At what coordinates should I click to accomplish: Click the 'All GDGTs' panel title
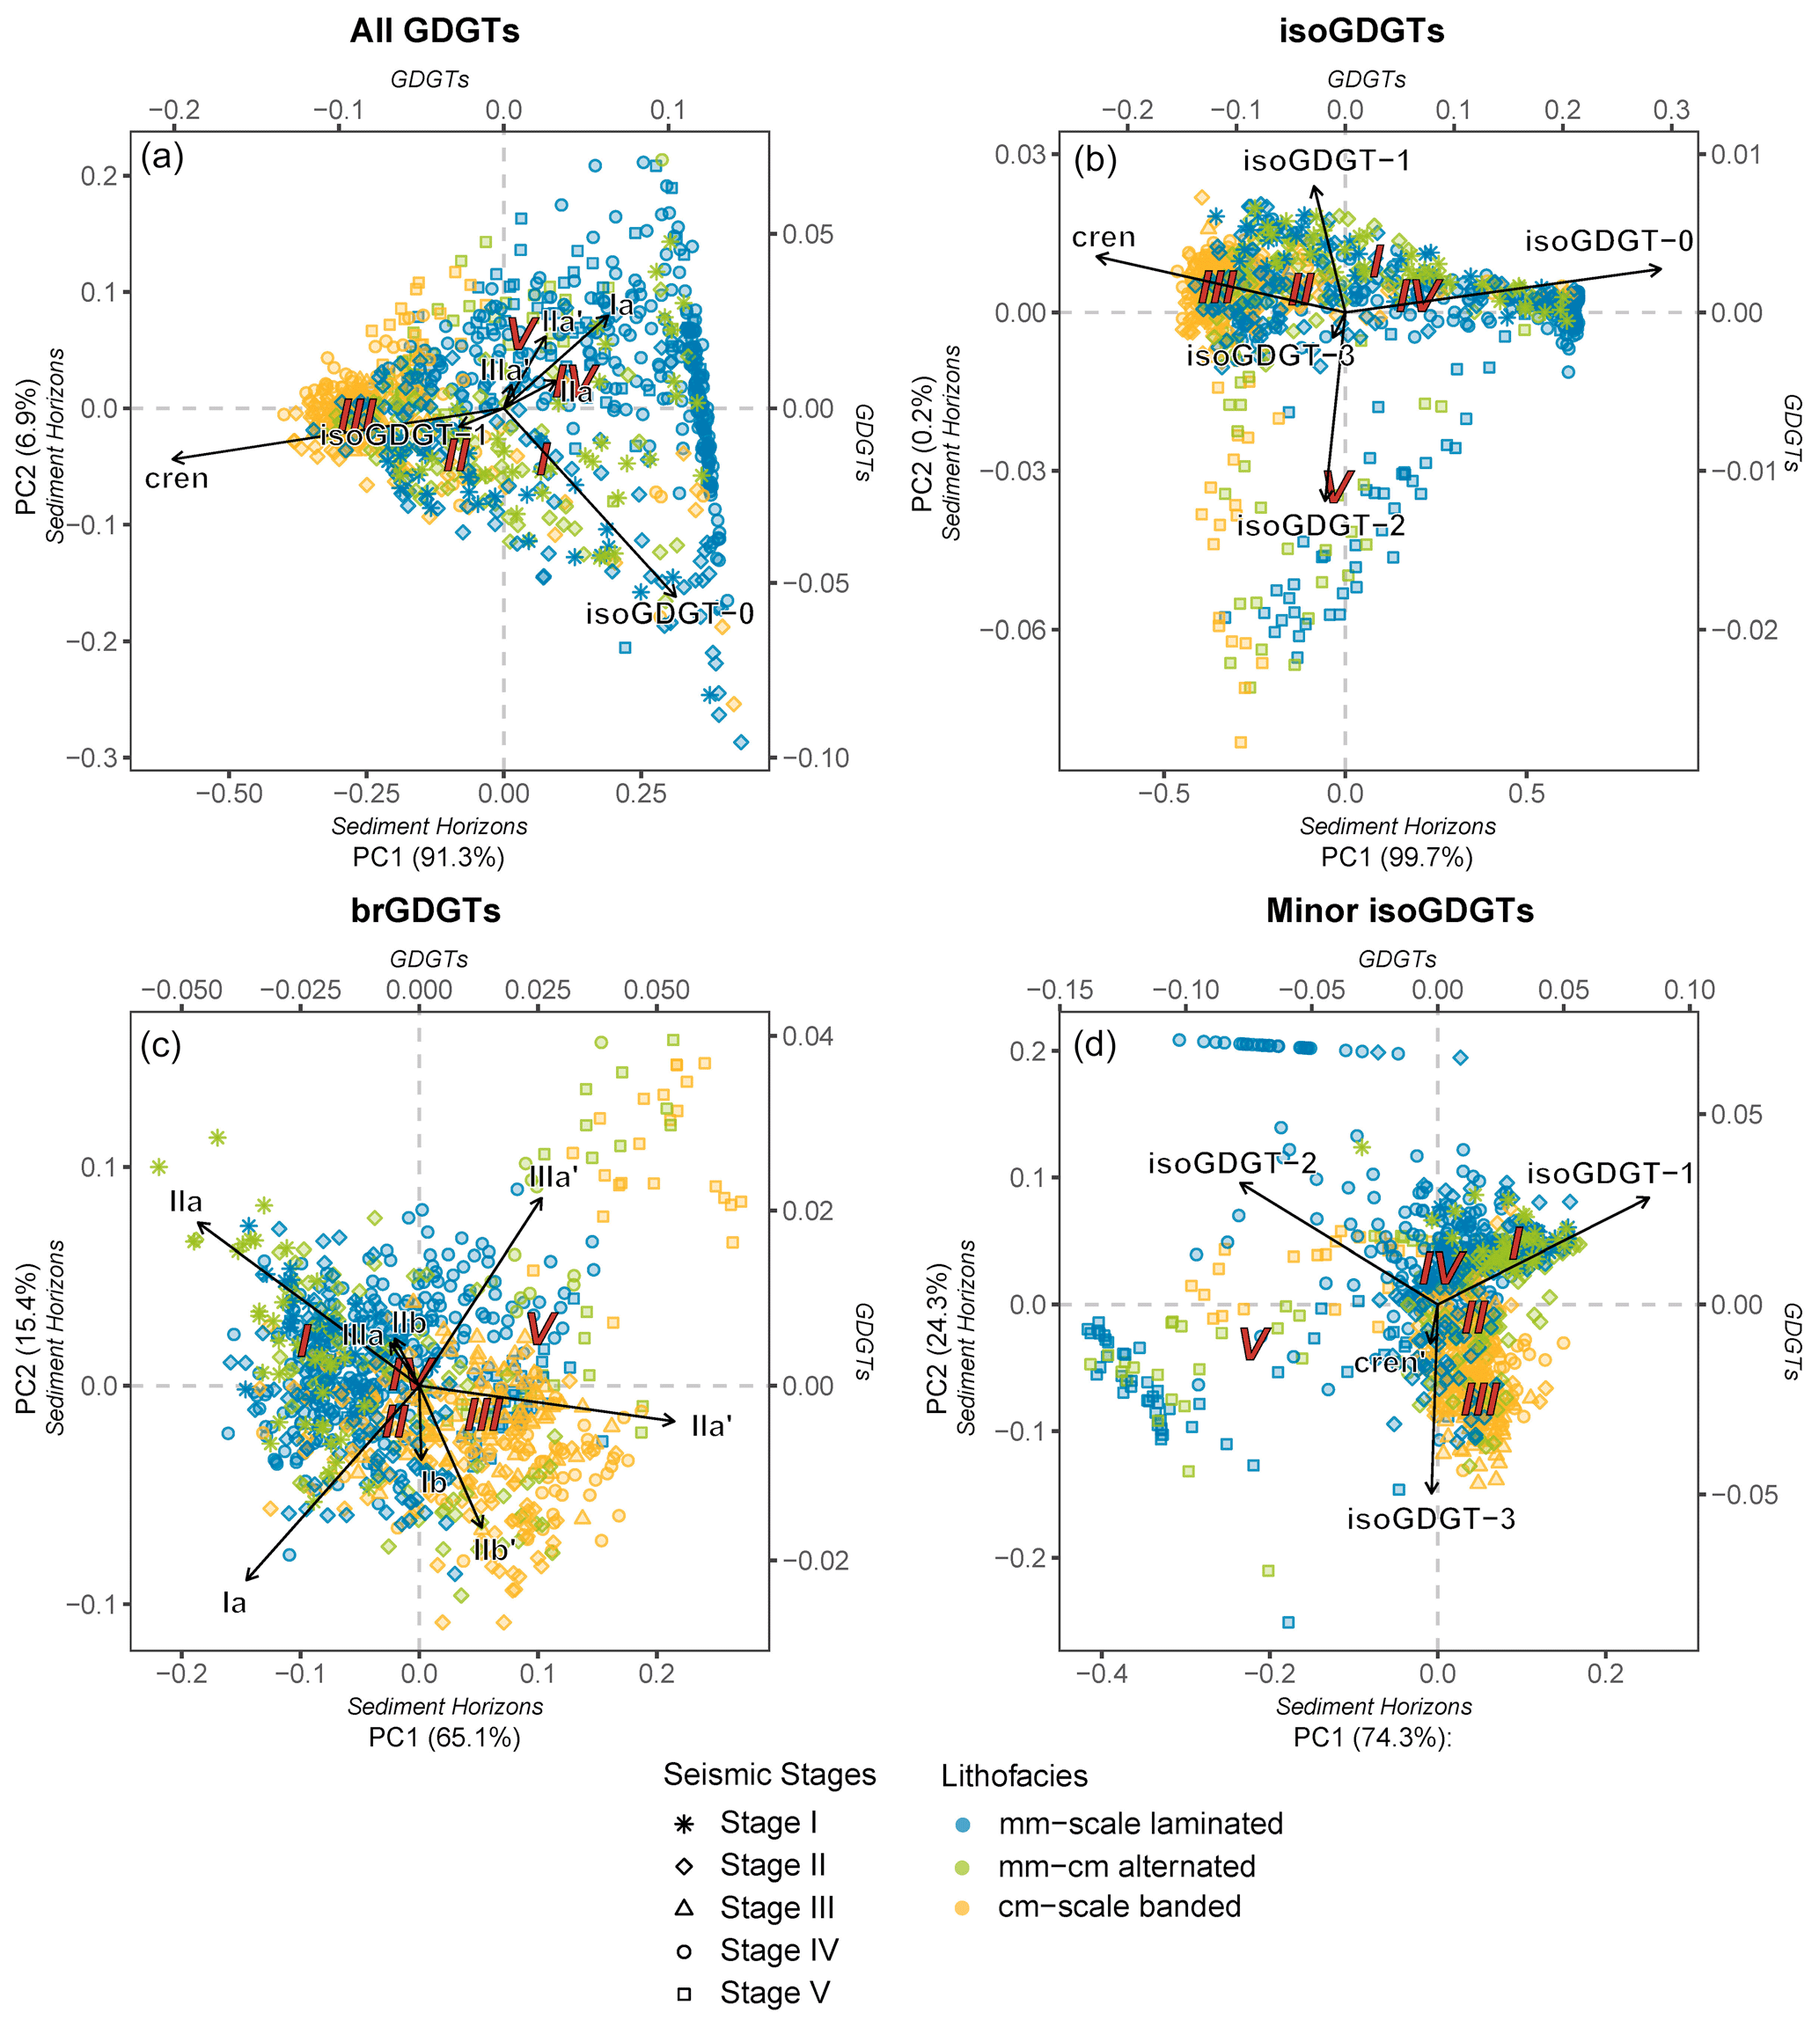tap(434, 31)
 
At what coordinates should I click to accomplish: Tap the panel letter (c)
tap(161, 1045)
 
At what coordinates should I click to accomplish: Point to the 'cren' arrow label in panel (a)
tap(177, 479)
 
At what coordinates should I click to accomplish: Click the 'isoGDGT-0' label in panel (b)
tap(1609, 241)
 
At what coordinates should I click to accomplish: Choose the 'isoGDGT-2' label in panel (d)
tap(1231, 1163)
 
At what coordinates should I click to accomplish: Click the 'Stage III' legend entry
tap(776, 1907)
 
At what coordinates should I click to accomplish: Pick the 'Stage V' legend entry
tap(774, 1992)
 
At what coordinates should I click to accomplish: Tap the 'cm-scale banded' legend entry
tap(1119, 1906)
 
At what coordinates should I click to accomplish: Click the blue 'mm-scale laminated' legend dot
tap(963, 1824)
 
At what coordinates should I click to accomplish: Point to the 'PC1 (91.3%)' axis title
tap(429, 856)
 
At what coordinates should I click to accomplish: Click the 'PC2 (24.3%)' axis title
tap(936, 1340)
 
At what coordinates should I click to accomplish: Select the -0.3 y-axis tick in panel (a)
tap(98, 757)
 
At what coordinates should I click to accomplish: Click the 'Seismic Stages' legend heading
tap(769, 1775)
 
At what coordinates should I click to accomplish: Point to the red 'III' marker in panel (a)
tap(356, 413)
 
